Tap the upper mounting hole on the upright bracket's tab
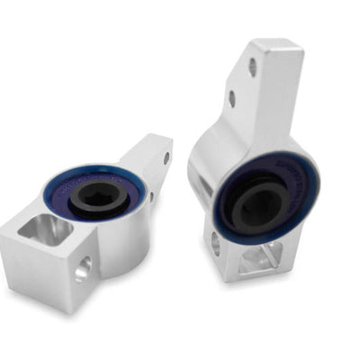coord(253,67)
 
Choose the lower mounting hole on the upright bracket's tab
coord(232,99)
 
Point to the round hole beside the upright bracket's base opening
coord(215,242)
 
